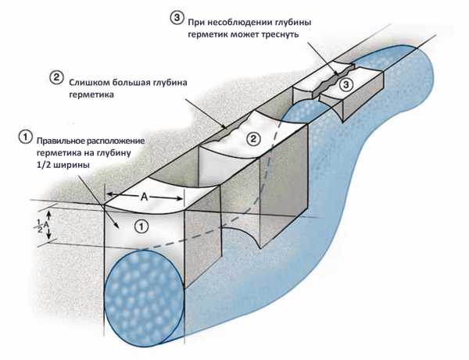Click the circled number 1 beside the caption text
click(x=25, y=137)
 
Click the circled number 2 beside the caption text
click(x=56, y=77)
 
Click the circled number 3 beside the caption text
click(x=177, y=17)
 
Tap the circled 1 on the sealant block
click(x=141, y=226)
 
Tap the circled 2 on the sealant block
click(x=253, y=139)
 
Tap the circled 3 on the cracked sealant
click(x=345, y=84)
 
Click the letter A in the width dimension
click(x=145, y=197)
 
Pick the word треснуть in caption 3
click(x=279, y=34)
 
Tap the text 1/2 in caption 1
click(x=43, y=165)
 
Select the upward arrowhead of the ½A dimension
click(x=49, y=214)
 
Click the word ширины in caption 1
click(x=70, y=165)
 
